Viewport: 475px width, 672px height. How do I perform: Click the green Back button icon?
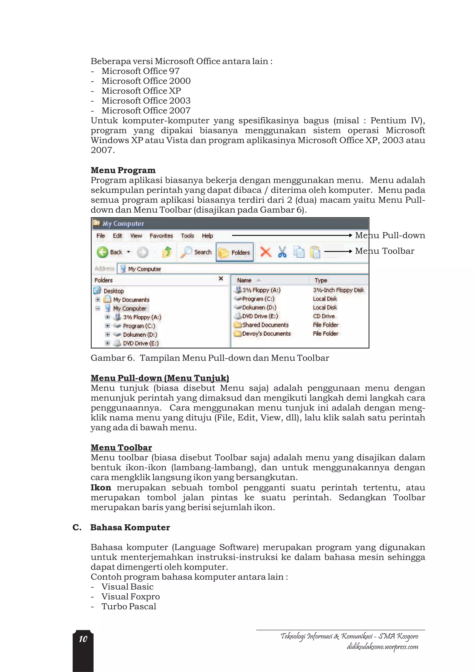click(103, 252)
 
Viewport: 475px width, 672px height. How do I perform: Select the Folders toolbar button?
click(235, 252)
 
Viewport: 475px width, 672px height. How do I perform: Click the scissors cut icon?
click(282, 252)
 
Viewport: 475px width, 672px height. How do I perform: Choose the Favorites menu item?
click(161, 236)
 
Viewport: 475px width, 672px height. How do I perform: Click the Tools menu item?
click(187, 236)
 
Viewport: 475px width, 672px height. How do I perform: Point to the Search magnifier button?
click(196, 252)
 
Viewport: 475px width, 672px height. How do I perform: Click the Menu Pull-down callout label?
click(390, 235)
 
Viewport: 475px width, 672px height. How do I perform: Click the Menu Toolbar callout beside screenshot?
click(385, 251)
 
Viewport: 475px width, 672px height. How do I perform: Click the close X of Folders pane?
click(221, 279)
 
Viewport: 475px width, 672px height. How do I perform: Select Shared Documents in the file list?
click(265, 325)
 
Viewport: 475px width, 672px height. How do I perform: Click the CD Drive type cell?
click(324, 316)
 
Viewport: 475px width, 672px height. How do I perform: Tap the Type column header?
click(321, 280)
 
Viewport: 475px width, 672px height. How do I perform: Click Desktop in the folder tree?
click(114, 291)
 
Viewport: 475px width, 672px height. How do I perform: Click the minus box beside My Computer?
click(98, 308)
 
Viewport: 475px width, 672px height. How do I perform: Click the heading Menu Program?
click(123, 170)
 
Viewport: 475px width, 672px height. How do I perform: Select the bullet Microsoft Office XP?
click(141, 91)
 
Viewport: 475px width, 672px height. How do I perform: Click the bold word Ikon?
click(101, 488)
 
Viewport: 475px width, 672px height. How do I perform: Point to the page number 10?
click(83, 639)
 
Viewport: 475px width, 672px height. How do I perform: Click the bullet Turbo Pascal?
click(129, 606)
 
